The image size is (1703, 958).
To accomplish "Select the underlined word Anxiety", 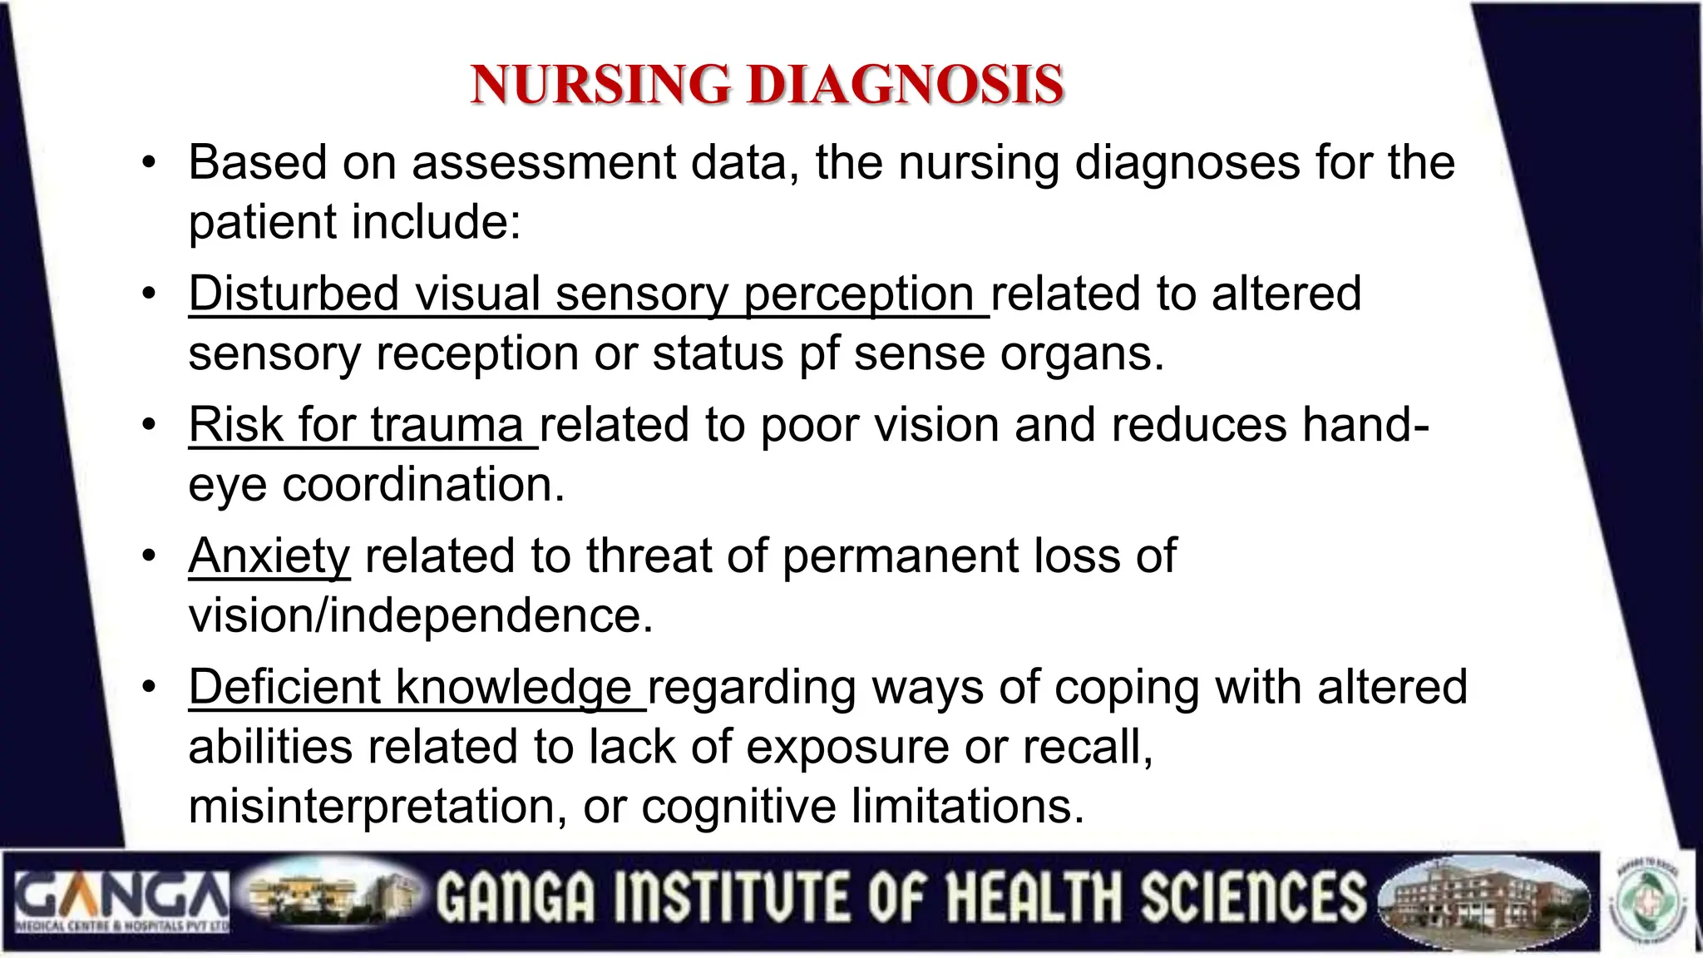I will pyautogui.click(x=269, y=556).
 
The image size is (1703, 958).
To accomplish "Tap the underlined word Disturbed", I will pyautogui.click(x=294, y=294).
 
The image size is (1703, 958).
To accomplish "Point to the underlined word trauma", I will pyautogui.click(x=447, y=425).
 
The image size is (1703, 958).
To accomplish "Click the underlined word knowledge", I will pyautogui.click(x=513, y=688).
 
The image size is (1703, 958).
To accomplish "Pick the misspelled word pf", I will pyautogui.click(x=819, y=353).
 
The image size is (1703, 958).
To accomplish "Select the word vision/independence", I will pyautogui.click(x=421, y=615).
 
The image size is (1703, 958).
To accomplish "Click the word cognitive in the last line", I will pyautogui.click(x=738, y=806).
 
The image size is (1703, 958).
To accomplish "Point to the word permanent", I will pyautogui.click(x=901, y=556).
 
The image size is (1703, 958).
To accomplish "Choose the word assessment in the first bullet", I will pyautogui.click(x=543, y=162).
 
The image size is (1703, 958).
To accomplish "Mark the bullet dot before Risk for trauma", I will pyautogui.click(x=149, y=426).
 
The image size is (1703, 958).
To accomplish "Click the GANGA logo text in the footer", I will pyautogui.click(x=121, y=895).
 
